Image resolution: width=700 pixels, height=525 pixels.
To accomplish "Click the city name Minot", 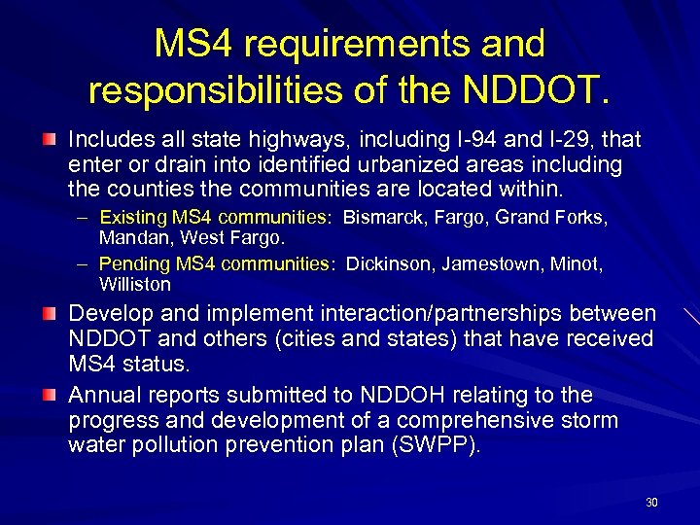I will pyautogui.click(x=580, y=264).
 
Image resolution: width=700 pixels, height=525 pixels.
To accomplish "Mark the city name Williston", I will pyautogui.click(x=135, y=284).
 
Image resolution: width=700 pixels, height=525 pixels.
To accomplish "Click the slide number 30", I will pyautogui.click(x=650, y=503).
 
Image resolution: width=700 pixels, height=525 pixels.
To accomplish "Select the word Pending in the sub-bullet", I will pyautogui.click(x=135, y=264).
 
